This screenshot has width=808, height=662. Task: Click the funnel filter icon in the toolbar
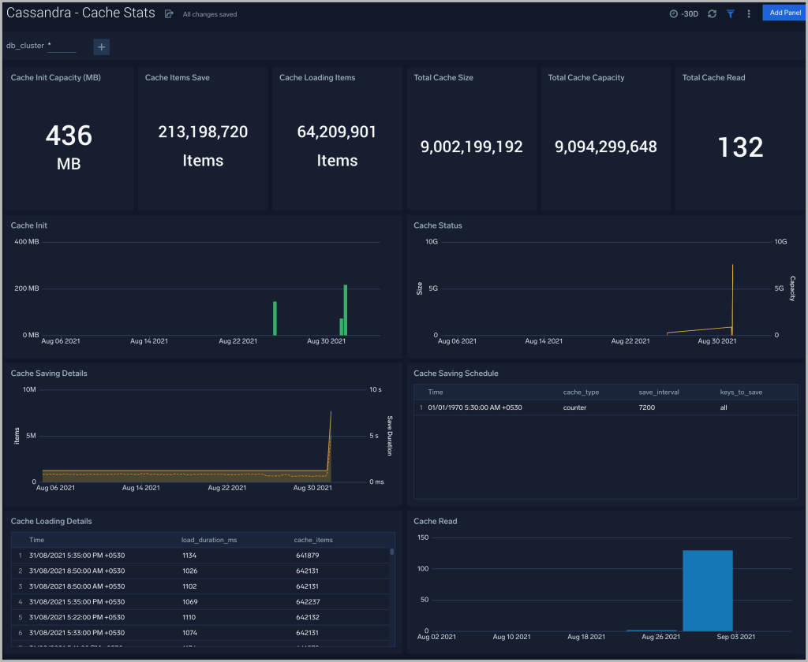(x=730, y=13)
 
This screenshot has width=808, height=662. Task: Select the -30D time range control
(x=683, y=13)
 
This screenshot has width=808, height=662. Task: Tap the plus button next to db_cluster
(x=101, y=46)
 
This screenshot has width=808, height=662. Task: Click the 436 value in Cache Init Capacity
(x=69, y=136)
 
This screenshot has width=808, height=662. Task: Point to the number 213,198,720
(x=203, y=132)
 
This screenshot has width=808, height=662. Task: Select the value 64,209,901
(x=337, y=132)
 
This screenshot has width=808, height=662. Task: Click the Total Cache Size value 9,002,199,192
(x=471, y=147)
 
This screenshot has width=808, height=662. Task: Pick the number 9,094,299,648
(x=605, y=147)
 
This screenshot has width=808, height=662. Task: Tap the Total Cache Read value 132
(x=740, y=147)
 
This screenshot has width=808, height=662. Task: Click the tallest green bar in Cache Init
(x=346, y=310)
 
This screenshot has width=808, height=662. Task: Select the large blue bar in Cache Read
(x=708, y=590)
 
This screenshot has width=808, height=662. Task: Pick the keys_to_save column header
(x=741, y=392)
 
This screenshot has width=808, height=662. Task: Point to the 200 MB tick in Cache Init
(x=27, y=288)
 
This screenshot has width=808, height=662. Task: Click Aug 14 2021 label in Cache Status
(x=544, y=341)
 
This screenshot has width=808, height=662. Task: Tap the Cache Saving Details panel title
(x=49, y=374)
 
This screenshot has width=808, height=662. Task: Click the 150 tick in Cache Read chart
(x=423, y=537)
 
